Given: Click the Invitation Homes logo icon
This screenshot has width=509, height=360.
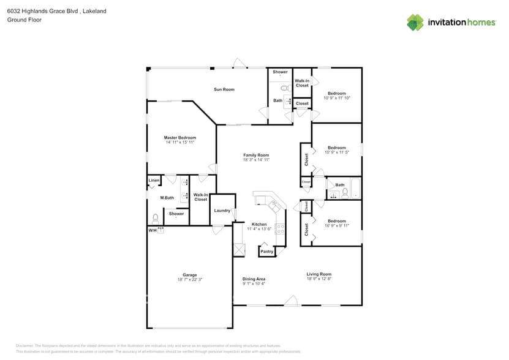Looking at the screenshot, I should (x=415, y=22).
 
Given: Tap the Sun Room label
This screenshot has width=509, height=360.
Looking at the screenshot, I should (x=224, y=89).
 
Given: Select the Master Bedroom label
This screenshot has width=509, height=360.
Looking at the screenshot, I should (x=180, y=138).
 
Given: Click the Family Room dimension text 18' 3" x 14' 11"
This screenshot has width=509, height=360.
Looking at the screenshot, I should (x=256, y=160).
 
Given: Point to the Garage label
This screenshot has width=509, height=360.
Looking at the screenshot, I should (x=190, y=275).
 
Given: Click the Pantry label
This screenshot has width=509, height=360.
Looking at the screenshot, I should (x=266, y=251).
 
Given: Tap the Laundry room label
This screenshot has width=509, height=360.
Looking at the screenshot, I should (x=222, y=211).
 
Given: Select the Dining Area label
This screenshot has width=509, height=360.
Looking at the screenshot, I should (x=254, y=279).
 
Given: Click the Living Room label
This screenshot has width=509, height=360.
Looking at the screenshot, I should (x=319, y=274).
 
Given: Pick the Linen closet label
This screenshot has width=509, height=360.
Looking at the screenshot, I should (x=154, y=181).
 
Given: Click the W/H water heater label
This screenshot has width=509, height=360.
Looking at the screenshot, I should (x=152, y=230).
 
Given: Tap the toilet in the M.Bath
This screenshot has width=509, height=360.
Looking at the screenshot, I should (x=156, y=218).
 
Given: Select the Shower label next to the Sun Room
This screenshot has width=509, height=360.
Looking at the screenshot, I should (x=280, y=72).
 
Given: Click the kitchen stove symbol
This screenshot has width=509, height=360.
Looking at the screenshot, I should (x=280, y=229).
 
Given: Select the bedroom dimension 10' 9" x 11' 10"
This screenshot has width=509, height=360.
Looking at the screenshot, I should (x=336, y=98).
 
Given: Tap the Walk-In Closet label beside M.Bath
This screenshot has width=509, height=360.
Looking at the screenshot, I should (x=201, y=197).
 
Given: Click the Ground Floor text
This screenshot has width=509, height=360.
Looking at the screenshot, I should (x=24, y=20).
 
